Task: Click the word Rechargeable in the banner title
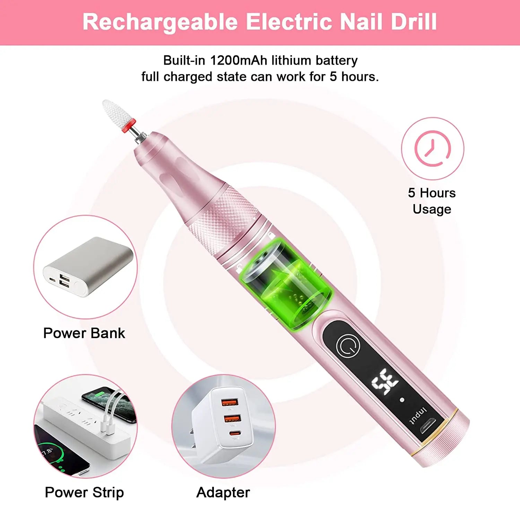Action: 160,22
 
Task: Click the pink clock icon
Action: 432,148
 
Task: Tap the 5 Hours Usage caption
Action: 432,201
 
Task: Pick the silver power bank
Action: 88,266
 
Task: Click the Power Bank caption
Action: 84,333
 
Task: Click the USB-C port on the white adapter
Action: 235,433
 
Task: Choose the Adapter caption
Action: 223,493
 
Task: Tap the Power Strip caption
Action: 84,493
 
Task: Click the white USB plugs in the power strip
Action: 107,428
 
